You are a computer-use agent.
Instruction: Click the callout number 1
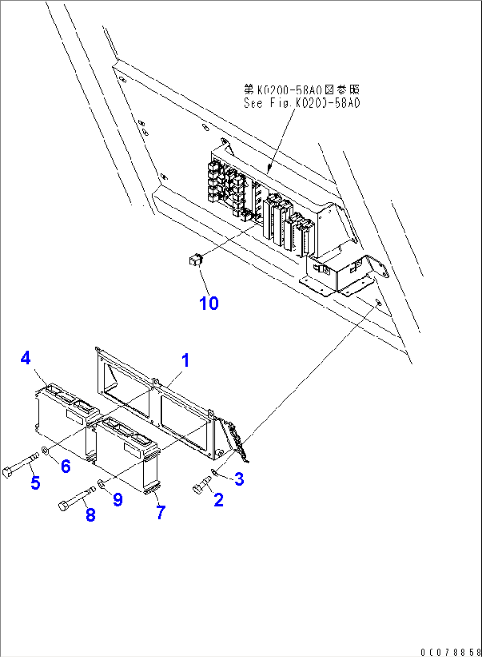tap(185, 360)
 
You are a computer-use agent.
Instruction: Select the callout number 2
tap(218, 500)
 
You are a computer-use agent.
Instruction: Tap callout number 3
tap(239, 479)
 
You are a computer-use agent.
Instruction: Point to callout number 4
tap(26, 358)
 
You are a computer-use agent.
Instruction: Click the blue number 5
tap(35, 482)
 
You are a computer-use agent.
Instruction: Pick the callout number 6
tap(66, 466)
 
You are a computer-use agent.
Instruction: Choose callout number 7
tap(161, 513)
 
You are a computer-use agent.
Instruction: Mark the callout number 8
tap(91, 515)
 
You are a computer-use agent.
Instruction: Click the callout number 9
tap(118, 499)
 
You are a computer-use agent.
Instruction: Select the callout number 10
tap(209, 304)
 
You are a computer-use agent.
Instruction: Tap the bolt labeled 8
tap(76, 499)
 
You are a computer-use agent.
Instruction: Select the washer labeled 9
tap(101, 484)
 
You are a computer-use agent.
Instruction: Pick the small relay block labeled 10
tap(195, 260)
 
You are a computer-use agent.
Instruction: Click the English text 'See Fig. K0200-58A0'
tap(302, 103)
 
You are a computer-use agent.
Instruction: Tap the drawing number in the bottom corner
tap(450, 652)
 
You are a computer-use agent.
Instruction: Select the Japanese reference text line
tap(302, 90)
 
